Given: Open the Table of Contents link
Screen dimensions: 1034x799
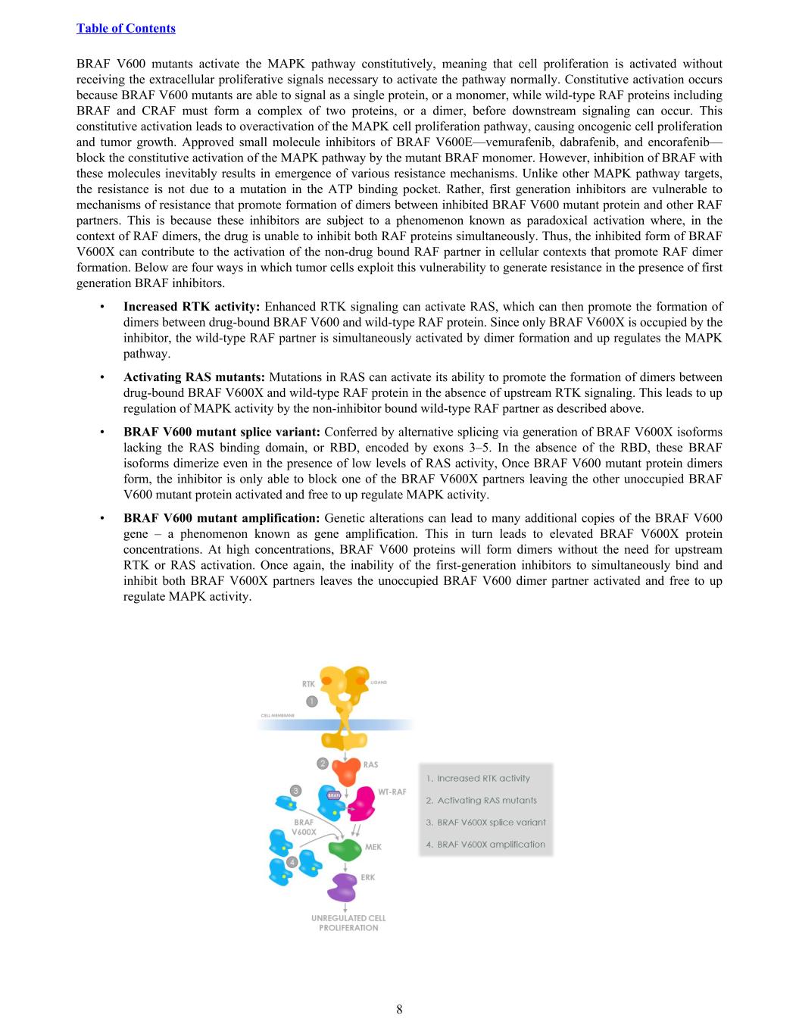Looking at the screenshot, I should pyautogui.click(x=126, y=29).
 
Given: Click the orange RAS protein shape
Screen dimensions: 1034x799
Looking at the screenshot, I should pyautogui.click(x=346, y=773).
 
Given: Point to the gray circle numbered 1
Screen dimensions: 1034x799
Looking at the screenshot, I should pyautogui.click(x=311, y=701).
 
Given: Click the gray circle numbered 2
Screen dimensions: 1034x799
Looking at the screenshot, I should pyautogui.click(x=323, y=763).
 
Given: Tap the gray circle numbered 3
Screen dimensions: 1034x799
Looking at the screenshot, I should pyautogui.click(x=296, y=790).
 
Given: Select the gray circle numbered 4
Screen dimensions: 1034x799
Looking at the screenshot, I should pyautogui.click(x=292, y=863).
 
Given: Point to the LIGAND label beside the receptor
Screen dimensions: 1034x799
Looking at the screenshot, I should pyautogui.click(x=379, y=683).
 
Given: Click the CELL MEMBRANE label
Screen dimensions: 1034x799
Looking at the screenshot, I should pyautogui.click(x=277, y=715).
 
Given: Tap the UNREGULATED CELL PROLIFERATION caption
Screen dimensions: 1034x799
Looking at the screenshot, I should pyautogui.click(x=348, y=923).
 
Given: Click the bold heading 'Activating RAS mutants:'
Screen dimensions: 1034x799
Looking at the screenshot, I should pyautogui.click(x=194, y=377).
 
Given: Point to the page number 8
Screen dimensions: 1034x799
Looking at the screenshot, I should pyautogui.click(x=399, y=1009).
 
